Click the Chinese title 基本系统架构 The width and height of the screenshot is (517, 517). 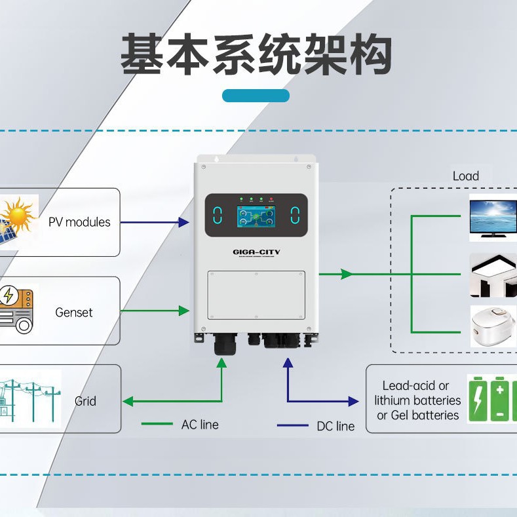[x=256, y=56]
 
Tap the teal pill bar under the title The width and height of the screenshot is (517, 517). [x=256, y=96]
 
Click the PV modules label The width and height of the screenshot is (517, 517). [x=79, y=222]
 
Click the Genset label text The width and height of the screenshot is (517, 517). [x=74, y=313]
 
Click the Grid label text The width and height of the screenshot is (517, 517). [x=85, y=401]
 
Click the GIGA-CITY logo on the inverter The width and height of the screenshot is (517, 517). [x=256, y=251]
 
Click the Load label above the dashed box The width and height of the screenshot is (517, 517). [x=465, y=176]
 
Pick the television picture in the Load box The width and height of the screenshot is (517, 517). [x=493, y=217]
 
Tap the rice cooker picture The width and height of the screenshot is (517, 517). [x=493, y=326]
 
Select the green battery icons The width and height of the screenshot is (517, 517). [x=491, y=398]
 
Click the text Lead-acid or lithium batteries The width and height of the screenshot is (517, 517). [x=417, y=400]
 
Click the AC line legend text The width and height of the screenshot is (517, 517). [x=200, y=425]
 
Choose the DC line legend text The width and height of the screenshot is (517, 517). [x=335, y=426]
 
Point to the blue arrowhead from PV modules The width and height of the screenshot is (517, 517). [x=185, y=223]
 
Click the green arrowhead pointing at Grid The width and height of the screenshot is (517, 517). [x=128, y=401]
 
